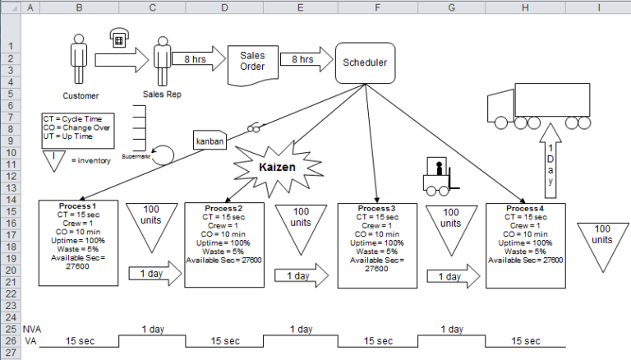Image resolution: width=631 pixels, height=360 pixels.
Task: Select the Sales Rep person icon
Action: point(161,59)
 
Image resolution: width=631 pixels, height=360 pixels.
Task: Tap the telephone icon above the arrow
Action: point(118,38)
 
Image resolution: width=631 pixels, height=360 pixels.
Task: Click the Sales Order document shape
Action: point(252,60)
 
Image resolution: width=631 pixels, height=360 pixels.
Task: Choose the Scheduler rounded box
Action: point(364,62)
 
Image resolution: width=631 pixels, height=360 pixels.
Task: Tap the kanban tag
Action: point(209,141)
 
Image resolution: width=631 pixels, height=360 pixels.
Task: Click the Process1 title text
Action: point(78,205)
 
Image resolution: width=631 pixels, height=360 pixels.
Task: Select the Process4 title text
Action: point(525,209)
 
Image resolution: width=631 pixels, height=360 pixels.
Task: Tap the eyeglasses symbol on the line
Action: point(256,127)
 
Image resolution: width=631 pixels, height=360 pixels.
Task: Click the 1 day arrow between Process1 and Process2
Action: point(150,274)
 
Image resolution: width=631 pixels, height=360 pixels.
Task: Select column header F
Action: point(376,7)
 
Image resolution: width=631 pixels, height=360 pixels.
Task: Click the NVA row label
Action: point(31,329)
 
